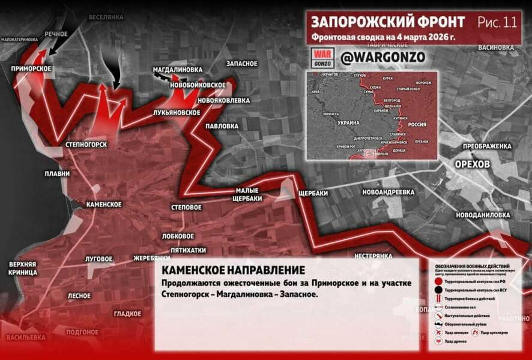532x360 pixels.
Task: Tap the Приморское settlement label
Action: pyautogui.click(x=30, y=69)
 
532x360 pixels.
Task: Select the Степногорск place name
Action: pyautogui.click(x=86, y=145)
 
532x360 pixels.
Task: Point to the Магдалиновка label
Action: pyautogui.click(x=177, y=70)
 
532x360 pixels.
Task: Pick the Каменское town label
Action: pyautogui.click(x=104, y=205)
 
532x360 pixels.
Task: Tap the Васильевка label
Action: pyautogui.click(x=26, y=338)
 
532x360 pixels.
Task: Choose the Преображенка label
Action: pyautogui.click(x=487, y=146)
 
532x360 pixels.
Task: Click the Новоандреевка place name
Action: pyautogui.click(x=388, y=192)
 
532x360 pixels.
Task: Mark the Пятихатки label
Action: pyautogui.click(x=188, y=250)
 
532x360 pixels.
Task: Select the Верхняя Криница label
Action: pyautogui.click(x=23, y=268)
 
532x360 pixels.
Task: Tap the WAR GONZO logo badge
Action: pyautogui.click(x=322, y=58)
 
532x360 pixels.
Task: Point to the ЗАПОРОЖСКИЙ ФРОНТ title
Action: pyautogui.click(x=387, y=22)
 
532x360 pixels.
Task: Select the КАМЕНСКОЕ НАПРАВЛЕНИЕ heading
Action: pyautogui.click(x=234, y=271)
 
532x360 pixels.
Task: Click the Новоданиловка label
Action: pyautogui.click(x=483, y=215)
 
